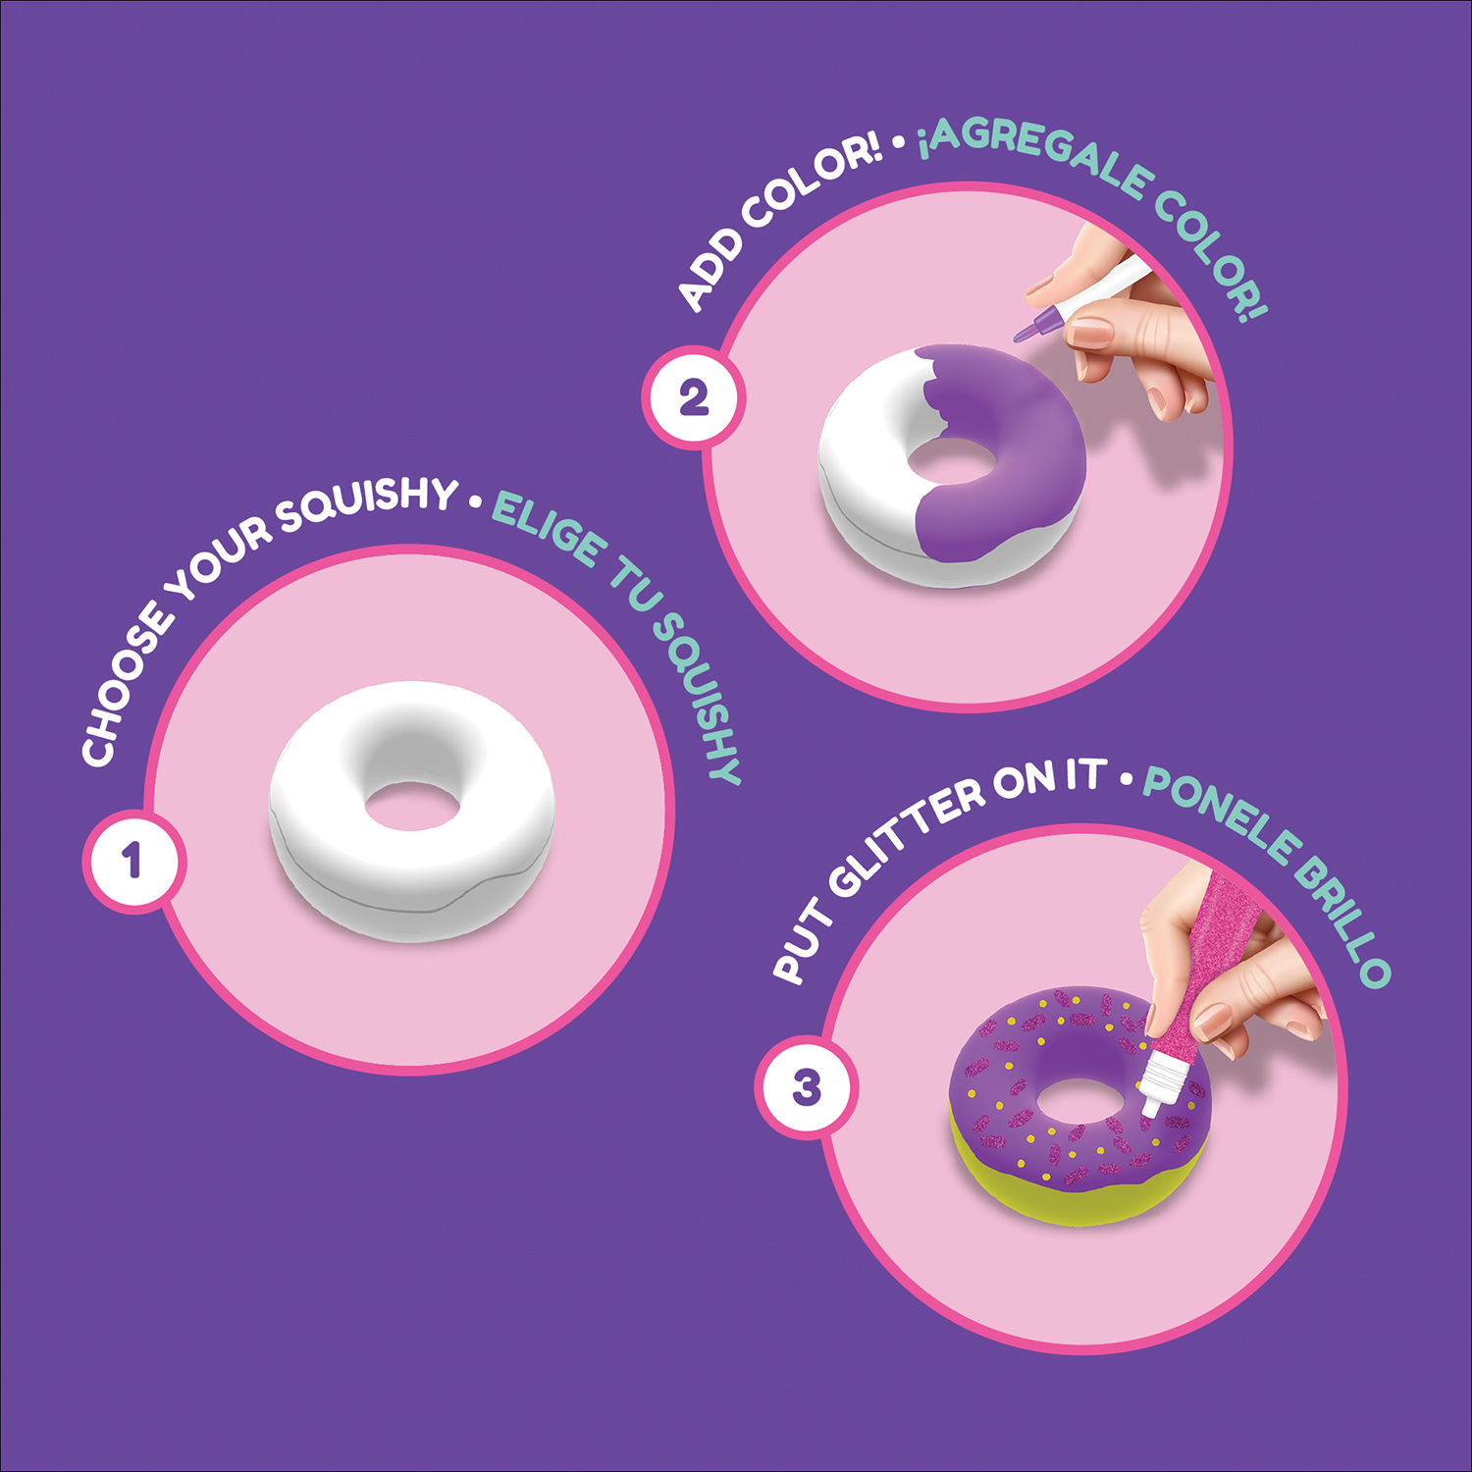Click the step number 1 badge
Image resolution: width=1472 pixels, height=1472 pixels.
coord(132,862)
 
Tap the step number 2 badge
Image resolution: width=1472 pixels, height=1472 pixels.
coord(694,397)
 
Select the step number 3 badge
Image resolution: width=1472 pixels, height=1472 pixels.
coord(807,1087)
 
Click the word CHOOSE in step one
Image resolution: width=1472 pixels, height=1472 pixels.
coord(123,687)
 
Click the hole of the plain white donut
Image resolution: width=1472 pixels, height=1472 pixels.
coord(412,804)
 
